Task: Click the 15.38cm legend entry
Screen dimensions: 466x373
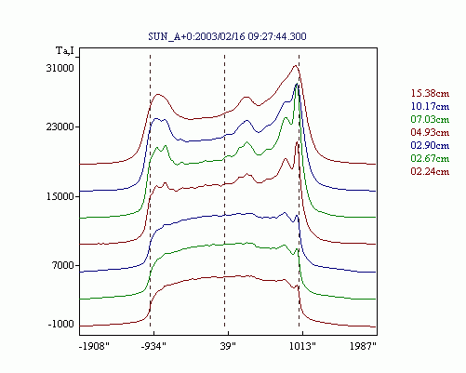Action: tap(430, 93)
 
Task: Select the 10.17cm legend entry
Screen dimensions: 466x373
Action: tap(430, 106)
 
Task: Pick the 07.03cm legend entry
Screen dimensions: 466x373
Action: tap(430, 119)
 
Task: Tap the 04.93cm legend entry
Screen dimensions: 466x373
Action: tap(430, 132)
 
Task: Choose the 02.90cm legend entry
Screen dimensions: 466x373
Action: tap(430, 145)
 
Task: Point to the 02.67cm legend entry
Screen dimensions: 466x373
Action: tap(430, 158)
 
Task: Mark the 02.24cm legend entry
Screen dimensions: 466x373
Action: tap(430, 171)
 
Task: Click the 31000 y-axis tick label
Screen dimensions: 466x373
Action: tap(60, 68)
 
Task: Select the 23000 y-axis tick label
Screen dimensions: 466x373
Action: tap(60, 127)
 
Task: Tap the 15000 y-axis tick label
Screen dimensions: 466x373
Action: tap(60, 196)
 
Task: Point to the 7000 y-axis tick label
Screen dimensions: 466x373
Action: tap(63, 265)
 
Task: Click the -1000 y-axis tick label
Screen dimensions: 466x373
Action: tap(61, 324)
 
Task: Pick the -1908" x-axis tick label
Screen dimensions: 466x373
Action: tap(94, 346)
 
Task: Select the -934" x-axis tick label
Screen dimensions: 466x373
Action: tap(153, 346)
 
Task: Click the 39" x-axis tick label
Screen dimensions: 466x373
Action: tap(228, 346)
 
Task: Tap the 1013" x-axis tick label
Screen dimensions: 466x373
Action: tap(302, 346)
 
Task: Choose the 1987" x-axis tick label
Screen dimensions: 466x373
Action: tap(363, 346)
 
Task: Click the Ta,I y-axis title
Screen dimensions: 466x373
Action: tap(65, 50)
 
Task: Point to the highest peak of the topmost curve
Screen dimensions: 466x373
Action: tap(295, 65)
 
